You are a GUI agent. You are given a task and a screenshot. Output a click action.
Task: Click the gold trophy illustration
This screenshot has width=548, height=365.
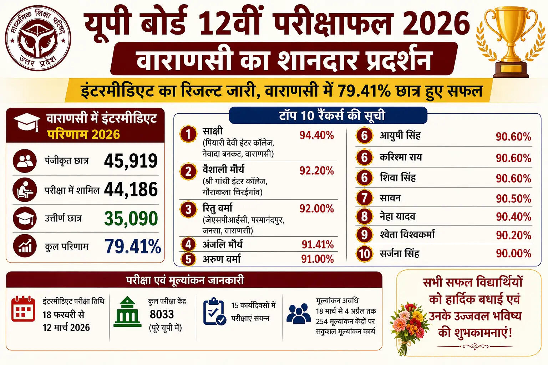[507, 41]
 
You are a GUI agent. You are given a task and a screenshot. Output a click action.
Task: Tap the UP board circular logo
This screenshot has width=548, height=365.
[38, 38]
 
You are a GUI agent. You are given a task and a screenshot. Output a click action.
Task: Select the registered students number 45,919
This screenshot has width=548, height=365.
[131, 161]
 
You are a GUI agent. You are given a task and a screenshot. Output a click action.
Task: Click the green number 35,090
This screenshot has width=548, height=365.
[131, 219]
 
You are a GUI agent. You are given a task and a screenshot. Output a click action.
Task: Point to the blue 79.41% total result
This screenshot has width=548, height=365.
[133, 246]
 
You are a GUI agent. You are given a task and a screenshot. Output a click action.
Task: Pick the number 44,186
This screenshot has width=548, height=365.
[131, 190]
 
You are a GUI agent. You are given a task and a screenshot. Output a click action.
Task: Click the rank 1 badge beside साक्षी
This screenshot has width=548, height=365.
[188, 134]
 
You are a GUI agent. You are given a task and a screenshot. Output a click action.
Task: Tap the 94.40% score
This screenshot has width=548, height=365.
[316, 135]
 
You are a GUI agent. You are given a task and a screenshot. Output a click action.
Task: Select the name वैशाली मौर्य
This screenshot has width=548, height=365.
[223, 169]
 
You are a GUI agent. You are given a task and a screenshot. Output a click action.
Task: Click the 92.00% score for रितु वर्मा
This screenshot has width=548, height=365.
[316, 209]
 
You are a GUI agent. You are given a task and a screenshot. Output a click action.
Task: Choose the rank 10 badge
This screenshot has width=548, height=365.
[364, 254]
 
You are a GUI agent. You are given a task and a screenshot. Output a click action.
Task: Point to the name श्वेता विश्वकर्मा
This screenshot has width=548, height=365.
[407, 235]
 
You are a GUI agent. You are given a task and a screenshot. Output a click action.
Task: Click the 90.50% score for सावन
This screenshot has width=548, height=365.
[513, 199]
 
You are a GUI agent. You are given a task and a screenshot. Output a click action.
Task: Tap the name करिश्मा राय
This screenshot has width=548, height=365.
[401, 157]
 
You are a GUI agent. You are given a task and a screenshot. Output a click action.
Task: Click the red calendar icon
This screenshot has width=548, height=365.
[23, 309]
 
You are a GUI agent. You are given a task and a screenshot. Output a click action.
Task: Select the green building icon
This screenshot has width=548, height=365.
[127, 312]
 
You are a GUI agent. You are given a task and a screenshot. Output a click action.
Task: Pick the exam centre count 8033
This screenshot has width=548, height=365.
[162, 314]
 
